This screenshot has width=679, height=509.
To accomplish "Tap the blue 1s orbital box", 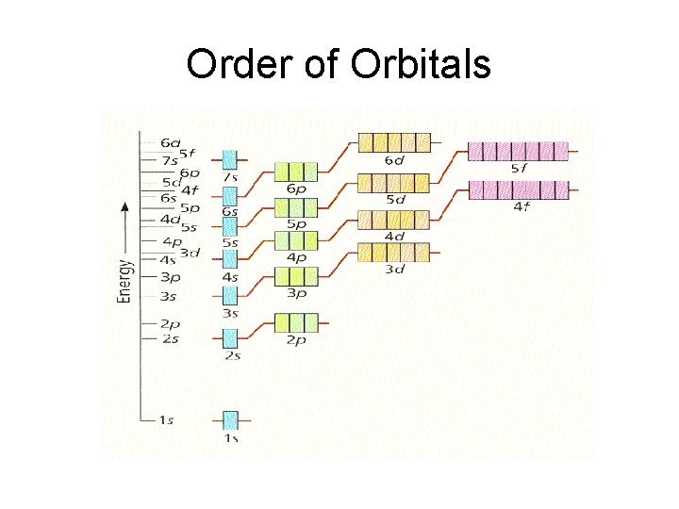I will (230, 419).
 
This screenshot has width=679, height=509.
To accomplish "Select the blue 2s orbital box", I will (230, 337).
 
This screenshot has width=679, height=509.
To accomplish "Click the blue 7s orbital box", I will (230, 159).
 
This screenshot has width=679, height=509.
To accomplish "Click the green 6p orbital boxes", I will (295, 171).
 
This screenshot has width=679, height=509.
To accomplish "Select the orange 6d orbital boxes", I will (394, 143).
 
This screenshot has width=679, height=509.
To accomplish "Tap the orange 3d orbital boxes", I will (394, 253).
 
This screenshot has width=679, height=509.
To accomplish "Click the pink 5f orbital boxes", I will (518, 151).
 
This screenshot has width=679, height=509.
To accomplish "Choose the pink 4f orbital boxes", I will (518, 189).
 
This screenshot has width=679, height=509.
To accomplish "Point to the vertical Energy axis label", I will (124, 254).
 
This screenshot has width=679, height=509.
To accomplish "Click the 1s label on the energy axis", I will (164, 419).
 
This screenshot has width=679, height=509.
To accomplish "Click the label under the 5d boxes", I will (394, 199).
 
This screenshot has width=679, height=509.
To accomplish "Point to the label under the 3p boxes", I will (295, 293).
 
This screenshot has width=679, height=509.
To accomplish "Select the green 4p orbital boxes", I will (295, 240).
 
